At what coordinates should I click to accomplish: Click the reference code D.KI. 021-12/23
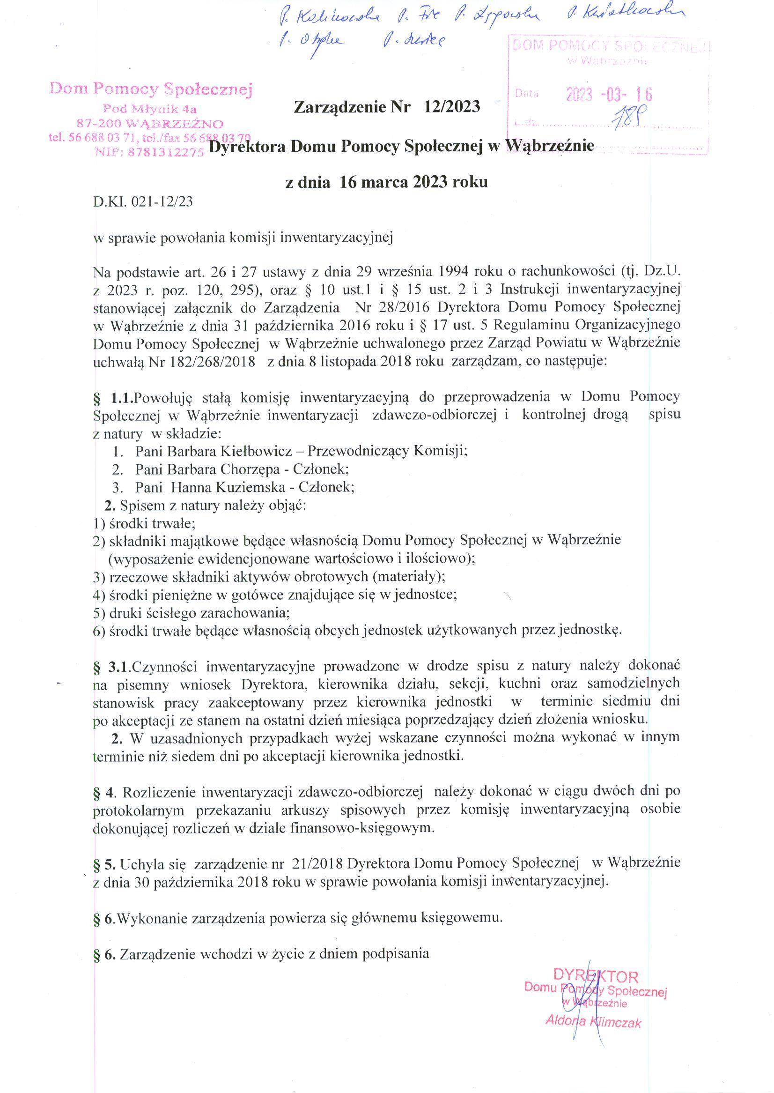(x=143, y=202)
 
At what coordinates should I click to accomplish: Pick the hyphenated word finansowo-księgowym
(x=361, y=828)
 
